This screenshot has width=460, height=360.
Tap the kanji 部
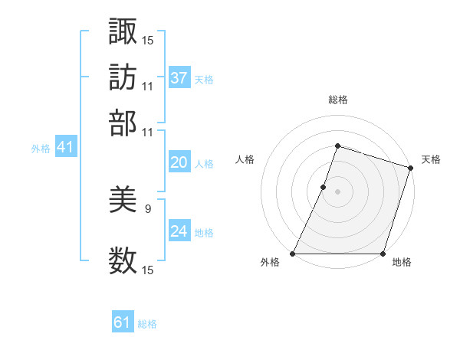point(123,122)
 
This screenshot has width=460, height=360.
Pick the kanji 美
point(123,201)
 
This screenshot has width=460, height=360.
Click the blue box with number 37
point(179,77)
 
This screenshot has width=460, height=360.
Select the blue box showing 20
point(179,162)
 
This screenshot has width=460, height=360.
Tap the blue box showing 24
point(179,231)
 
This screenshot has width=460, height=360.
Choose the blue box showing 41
point(65,147)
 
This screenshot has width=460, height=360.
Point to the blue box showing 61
point(123,322)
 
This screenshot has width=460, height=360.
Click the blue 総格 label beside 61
point(147,324)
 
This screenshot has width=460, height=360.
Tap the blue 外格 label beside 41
point(41,149)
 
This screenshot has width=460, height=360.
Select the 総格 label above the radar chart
point(337,100)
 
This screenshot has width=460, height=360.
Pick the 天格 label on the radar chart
point(431,159)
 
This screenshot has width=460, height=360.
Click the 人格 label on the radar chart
point(245,159)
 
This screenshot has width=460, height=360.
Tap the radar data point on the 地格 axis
point(383,254)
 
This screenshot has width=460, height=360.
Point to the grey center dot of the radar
point(337,191)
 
